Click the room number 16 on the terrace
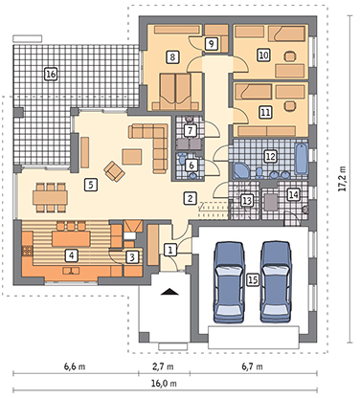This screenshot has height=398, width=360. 51,75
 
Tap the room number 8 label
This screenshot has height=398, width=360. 172,57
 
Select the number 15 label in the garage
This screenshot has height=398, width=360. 253,280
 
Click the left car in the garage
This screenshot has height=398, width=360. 229,282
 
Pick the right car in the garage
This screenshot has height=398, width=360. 276,282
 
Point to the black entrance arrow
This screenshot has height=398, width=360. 169,292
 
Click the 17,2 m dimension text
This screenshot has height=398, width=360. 342,178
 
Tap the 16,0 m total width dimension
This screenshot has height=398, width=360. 165,383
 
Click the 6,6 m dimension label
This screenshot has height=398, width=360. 75,366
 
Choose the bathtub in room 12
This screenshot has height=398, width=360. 302,159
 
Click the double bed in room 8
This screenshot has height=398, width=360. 175,91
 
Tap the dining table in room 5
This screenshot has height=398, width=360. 50,198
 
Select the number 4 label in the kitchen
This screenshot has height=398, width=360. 72,255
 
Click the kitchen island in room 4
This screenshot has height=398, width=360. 71,239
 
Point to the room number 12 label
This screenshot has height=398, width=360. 270,157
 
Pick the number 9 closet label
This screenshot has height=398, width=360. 211,43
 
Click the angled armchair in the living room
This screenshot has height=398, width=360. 114,171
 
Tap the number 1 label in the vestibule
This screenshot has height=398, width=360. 170,250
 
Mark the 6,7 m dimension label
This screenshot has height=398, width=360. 252,366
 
